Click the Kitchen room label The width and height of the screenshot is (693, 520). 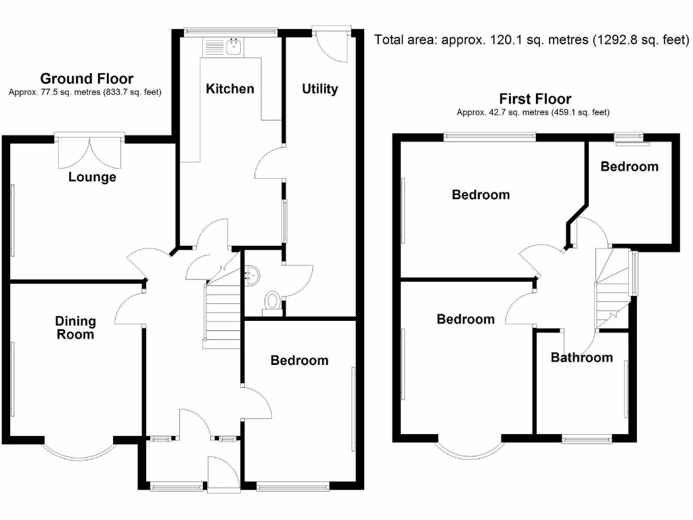pyautogui.click(x=230, y=89)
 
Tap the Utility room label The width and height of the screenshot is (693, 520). pyautogui.click(x=319, y=89)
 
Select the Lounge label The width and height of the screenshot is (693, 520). pyautogui.click(x=92, y=177)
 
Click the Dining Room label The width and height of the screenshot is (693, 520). pyautogui.click(x=76, y=328)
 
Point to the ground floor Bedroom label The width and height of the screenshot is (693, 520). pyautogui.click(x=299, y=360)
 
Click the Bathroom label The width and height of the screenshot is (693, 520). pyautogui.click(x=581, y=357)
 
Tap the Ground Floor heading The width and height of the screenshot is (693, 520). pyautogui.click(x=87, y=79)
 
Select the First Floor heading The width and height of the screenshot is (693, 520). pyautogui.click(x=535, y=99)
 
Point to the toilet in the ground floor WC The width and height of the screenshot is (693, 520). pyautogui.click(x=273, y=300)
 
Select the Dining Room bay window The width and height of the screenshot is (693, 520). pyautogui.click(x=80, y=450)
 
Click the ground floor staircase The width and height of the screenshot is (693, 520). pyautogui.click(x=222, y=311)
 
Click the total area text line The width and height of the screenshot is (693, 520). pyautogui.click(x=532, y=40)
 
